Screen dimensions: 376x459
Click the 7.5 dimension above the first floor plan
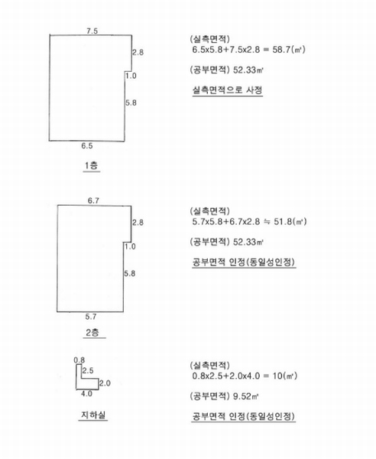[x=92, y=31]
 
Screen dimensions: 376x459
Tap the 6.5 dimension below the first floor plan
[x=87, y=146]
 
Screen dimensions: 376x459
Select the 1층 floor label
[x=91, y=165]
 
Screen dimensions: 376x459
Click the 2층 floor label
[x=92, y=332]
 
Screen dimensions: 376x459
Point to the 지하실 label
[x=93, y=415]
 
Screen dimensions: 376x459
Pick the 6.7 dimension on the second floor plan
[x=93, y=200]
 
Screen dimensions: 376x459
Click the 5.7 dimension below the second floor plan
[x=91, y=317]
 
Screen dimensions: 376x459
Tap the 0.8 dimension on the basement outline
[x=79, y=360]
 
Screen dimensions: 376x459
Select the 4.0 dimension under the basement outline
[x=86, y=394]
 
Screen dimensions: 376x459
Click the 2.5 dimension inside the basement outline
[x=88, y=370]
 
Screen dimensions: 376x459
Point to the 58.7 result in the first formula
[x=281, y=50]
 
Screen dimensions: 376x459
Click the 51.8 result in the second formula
[x=282, y=222]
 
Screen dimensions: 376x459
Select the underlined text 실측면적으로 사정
[x=227, y=90]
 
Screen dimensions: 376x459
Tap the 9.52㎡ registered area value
[x=246, y=396]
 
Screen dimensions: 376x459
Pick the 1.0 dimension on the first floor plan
[x=131, y=76]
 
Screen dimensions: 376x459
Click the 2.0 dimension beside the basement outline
[x=105, y=383]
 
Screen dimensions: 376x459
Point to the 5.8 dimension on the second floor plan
[x=129, y=274]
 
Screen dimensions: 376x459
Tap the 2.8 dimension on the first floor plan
[x=138, y=52]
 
